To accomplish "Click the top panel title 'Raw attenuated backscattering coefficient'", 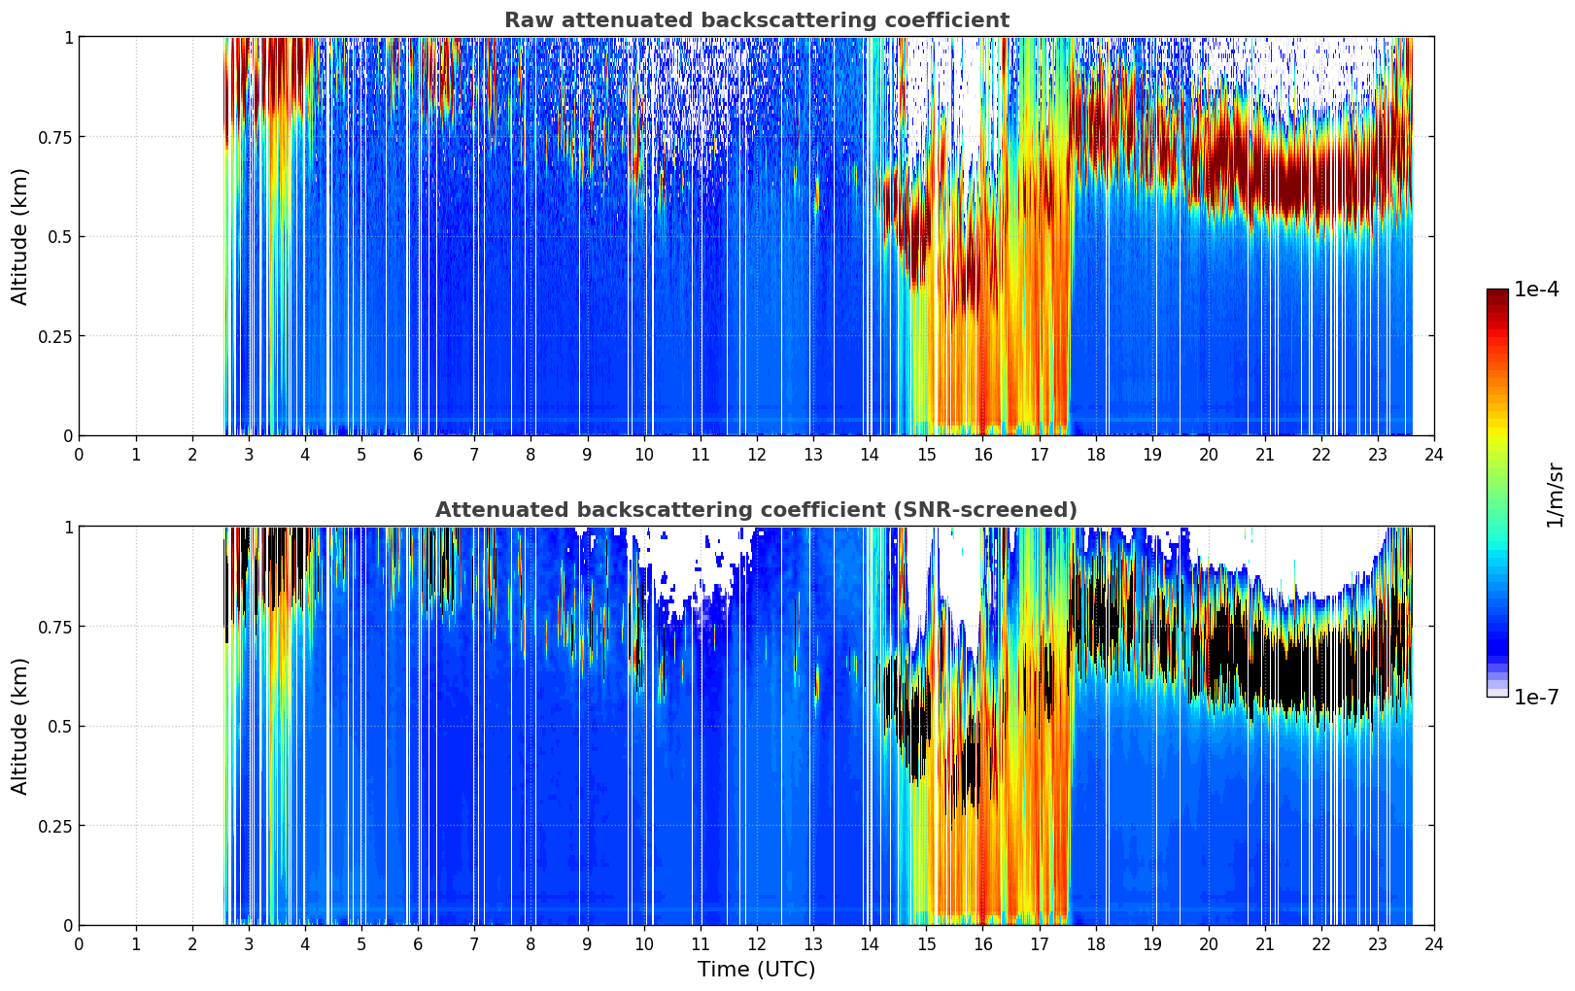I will point(756,20).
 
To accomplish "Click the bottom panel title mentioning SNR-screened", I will point(756,510).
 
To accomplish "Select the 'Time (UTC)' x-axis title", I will point(756,970).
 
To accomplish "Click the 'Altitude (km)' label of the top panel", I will point(20,236).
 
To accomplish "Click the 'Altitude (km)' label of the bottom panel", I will point(20,726).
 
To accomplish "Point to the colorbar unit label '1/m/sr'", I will point(1555,495).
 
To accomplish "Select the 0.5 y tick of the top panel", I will point(58,237).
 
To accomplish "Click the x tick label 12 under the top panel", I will point(757,455).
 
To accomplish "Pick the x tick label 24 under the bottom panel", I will point(1434,944).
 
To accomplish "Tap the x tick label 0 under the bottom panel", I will point(80,944).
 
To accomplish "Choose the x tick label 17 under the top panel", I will point(1039,455).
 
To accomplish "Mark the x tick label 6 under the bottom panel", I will point(418,944).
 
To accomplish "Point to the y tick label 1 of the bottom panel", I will point(68,528).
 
